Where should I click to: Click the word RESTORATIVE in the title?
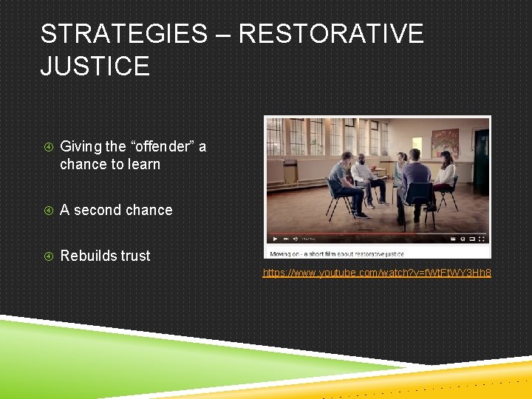click(331, 34)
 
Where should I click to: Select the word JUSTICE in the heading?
click(95, 66)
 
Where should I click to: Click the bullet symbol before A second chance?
click(47, 210)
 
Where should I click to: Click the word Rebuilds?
click(88, 256)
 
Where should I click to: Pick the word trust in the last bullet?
click(134, 256)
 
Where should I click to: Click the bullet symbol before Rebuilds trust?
click(47, 256)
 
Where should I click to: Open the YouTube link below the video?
click(377, 273)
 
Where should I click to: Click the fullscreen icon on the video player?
click(482, 239)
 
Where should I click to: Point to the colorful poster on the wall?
click(445, 143)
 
